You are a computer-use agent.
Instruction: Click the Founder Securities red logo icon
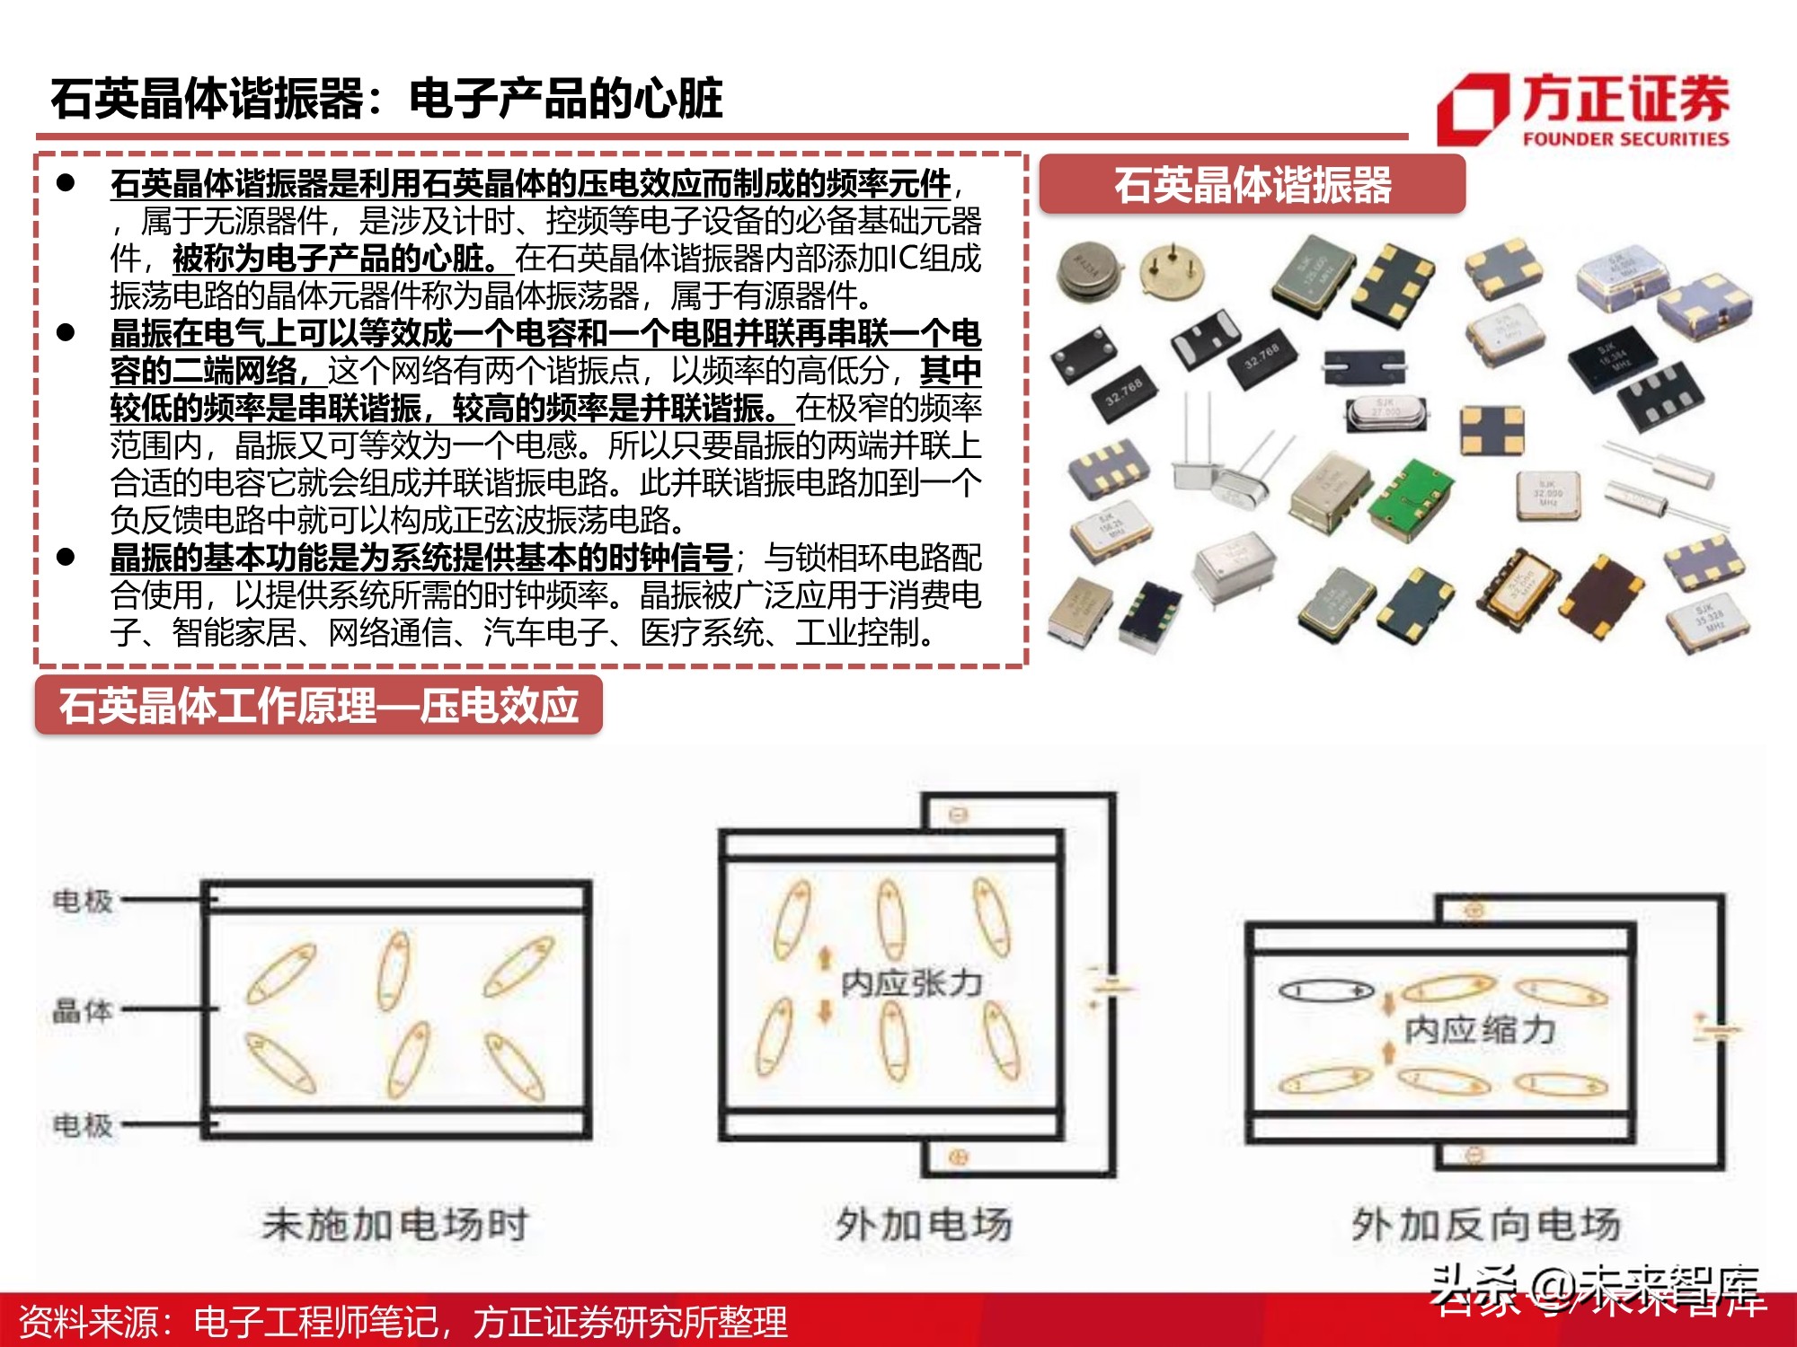pos(1472,110)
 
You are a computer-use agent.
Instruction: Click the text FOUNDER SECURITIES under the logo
pos(1624,139)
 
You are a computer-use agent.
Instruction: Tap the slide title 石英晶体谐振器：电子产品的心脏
pos(386,99)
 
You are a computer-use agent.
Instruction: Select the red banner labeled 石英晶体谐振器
pos(1252,185)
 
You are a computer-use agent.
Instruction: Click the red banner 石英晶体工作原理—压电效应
pos(319,706)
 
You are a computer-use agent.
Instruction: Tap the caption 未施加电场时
pos(395,1225)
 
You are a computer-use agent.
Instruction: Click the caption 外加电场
pos(924,1225)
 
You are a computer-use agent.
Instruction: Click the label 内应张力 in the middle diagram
pos(911,983)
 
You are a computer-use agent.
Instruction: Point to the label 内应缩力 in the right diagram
pos(1480,1029)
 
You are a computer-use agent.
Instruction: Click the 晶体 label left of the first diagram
pos(83,1010)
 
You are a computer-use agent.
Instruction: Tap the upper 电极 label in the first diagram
pos(83,900)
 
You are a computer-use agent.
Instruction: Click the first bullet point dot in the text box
pos(66,183)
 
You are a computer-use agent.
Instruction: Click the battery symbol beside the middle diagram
pos(1107,986)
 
